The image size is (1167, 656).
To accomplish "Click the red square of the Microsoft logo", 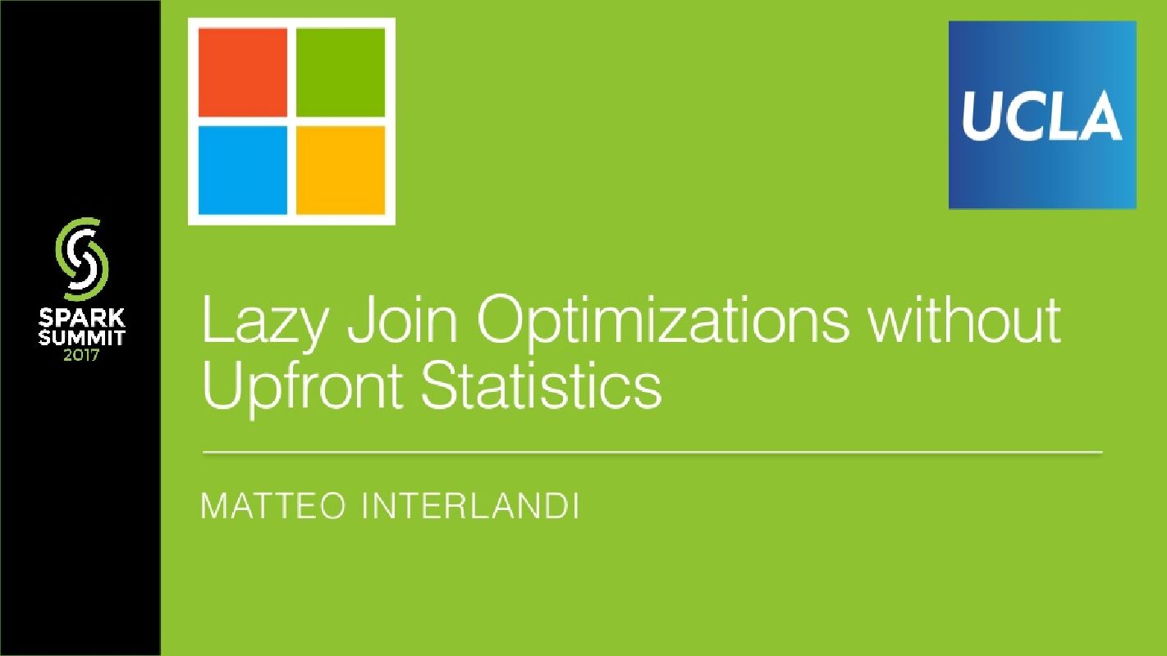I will [243, 72].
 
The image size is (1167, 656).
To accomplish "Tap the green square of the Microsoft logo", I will [340, 72].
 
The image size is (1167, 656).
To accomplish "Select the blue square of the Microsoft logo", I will [243, 170].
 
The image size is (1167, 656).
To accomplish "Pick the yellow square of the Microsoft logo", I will [340, 170].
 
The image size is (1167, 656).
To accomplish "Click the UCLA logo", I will [1042, 115].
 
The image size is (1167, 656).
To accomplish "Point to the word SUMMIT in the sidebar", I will [81, 337].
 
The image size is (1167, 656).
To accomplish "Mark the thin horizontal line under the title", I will [652, 452].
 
